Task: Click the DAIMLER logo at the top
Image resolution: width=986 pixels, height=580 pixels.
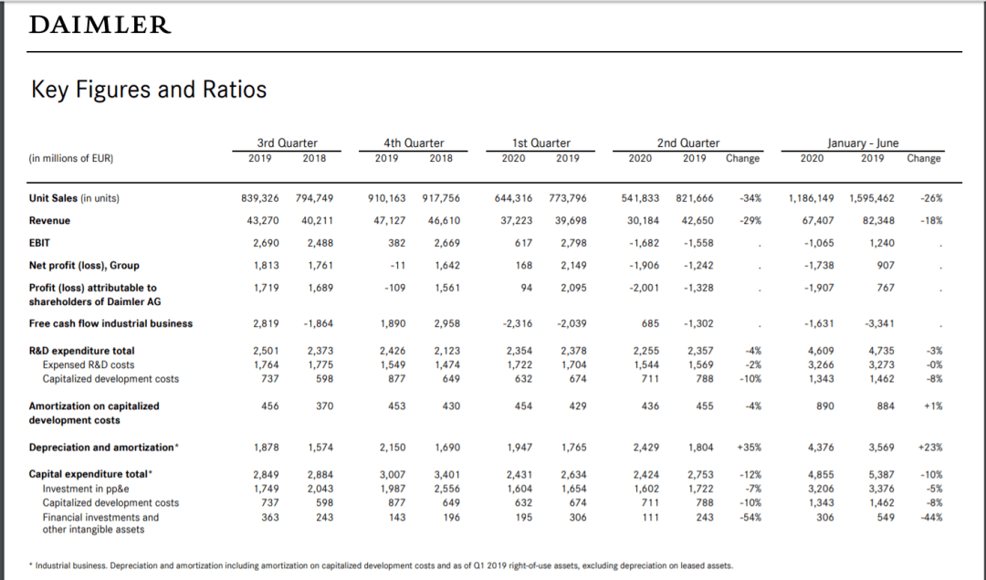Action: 100,25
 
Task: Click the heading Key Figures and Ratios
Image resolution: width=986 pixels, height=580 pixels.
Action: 149,90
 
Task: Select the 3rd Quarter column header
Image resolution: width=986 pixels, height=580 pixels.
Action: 287,142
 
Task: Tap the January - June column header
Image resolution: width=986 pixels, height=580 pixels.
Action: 863,142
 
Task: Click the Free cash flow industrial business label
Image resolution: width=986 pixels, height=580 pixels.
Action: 110,323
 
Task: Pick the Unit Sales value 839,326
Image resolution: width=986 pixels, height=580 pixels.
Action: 259,198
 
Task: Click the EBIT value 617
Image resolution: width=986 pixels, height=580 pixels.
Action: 523,243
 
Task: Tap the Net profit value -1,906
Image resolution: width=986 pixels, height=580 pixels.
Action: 645,266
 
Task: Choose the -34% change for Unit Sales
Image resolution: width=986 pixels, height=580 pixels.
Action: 750,198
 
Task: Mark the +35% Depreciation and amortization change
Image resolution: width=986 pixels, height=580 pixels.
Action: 749,448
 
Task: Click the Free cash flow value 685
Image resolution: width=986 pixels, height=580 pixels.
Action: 650,323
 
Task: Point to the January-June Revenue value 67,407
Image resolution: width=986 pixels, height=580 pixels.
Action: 819,221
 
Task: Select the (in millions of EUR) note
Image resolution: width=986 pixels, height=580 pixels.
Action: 71,158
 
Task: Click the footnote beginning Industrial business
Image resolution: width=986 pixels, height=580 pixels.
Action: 382,565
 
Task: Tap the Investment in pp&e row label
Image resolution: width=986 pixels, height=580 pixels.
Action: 86,489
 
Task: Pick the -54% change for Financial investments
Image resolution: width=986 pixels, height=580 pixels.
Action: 750,517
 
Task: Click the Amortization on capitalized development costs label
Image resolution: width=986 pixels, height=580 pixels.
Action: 94,413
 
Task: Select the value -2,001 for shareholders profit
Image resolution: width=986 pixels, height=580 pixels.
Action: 645,288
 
